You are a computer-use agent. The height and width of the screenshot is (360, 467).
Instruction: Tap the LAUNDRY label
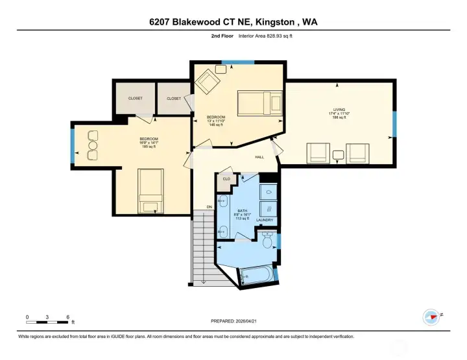265,221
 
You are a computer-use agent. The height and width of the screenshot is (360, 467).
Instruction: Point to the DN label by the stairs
210,207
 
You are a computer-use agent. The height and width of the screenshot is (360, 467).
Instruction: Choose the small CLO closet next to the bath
226,179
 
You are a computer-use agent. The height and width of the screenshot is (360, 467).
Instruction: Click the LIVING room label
339,110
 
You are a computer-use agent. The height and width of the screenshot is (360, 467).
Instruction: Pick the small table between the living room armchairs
338,154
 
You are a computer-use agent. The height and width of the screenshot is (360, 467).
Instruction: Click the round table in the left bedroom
92,147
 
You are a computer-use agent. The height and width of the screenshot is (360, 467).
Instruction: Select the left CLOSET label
135,99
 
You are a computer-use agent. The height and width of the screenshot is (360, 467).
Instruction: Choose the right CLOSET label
174,99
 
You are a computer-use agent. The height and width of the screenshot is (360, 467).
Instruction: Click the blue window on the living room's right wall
394,124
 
